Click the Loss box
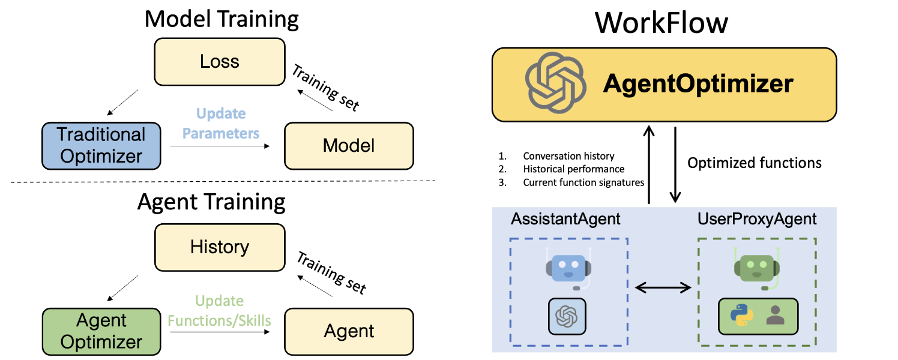pos(220,61)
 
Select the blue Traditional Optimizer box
pos(102,146)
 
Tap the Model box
pos(349,145)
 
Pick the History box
pos(220,247)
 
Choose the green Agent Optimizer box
pos(102,331)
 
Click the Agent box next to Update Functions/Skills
pos(349,331)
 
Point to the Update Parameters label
pos(221,124)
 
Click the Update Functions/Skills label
pos(220,311)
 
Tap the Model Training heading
pos(221,19)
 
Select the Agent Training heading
pos(211,202)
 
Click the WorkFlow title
pos(661,23)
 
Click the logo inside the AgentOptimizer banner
pos(553,84)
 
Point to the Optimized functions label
pos(755,163)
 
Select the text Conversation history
pos(568,156)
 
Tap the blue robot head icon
pos(568,268)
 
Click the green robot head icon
pos(756,268)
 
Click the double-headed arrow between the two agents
pos(663,288)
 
